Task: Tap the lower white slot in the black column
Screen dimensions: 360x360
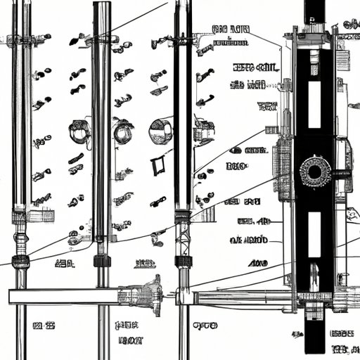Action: point(314,233)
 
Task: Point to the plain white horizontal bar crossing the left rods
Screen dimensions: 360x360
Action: point(63,296)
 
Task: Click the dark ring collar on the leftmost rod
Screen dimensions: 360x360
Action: point(20,262)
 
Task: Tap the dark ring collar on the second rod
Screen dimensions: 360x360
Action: point(103,262)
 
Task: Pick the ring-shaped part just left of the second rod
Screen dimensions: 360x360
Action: point(78,131)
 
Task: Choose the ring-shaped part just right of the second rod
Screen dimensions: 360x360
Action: point(123,131)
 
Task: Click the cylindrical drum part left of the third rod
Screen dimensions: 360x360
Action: point(160,131)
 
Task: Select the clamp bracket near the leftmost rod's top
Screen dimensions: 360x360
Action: point(21,41)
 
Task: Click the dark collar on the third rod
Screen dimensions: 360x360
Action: point(183,262)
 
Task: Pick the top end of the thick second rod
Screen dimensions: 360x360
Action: point(102,7)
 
